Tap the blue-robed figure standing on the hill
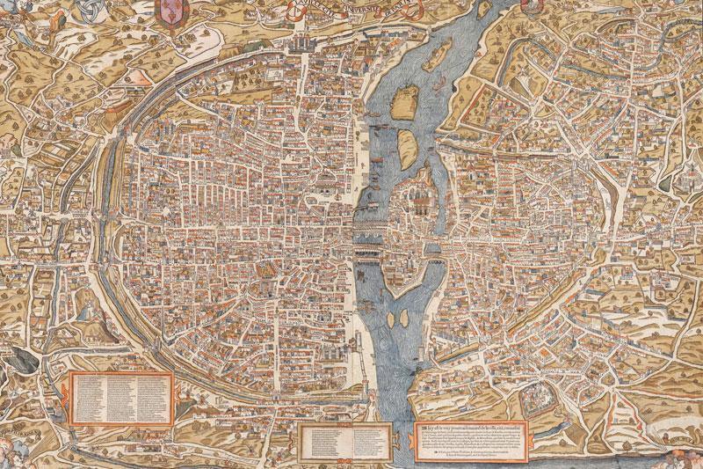(89, 308)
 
